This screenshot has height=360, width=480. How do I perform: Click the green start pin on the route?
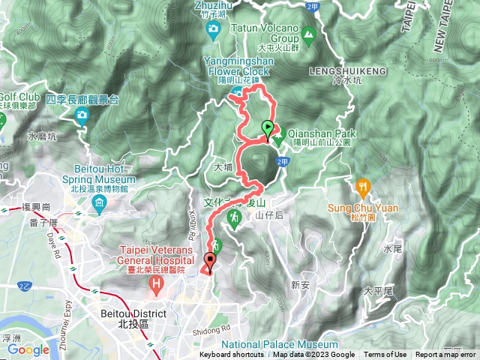268,128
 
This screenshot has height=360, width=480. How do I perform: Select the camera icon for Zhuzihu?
213,30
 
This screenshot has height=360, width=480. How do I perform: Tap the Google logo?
28,349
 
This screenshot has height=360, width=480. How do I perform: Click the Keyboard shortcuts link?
232,355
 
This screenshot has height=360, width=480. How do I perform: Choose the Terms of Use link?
385,355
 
